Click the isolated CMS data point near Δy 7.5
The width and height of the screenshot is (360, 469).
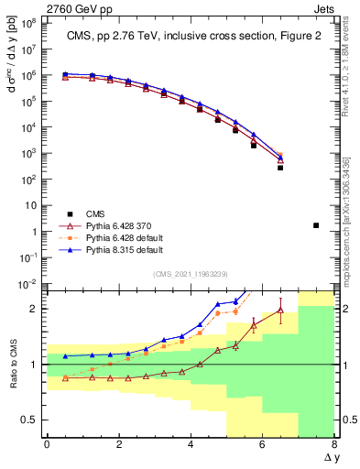(x=316, y=224)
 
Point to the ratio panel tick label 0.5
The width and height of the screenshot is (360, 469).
(x=28, y=420)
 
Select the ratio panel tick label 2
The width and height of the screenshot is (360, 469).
(x=33, y=309)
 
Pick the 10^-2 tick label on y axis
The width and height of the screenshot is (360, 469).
(x=28, y=284)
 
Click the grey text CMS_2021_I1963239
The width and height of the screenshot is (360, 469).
(x=190, y=273)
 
